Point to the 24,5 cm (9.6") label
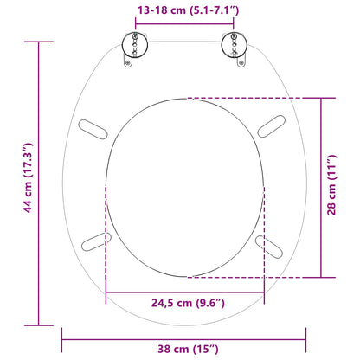point(183,302)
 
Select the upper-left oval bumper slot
point(96,128)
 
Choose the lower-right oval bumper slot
point(271,246)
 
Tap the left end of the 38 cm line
point(62,337)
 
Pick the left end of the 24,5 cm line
point(106,291)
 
